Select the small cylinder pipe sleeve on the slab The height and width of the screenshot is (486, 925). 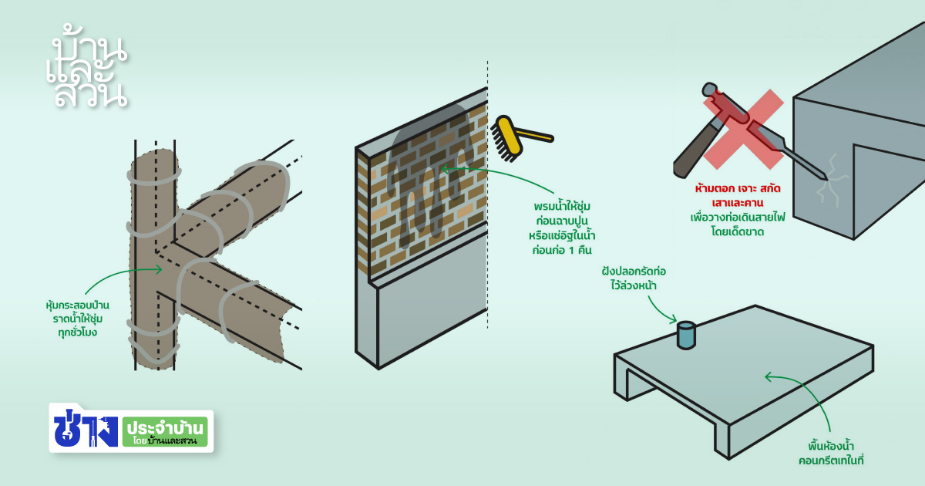click(x=685, y=336)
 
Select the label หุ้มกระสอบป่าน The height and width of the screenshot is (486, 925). click(x=77, y=305)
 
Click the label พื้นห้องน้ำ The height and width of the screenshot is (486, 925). click(x=829, y=446)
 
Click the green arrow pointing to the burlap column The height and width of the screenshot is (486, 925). click(x=123, y=275)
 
